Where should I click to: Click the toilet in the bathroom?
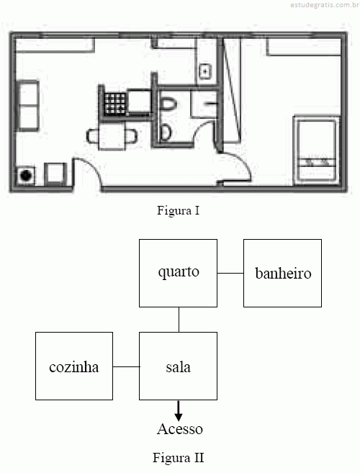pyautogui.click(x=168, y=104)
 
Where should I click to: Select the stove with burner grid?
pyautogui.click(x=114, y=104)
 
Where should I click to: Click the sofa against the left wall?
pyautogui.click(x=28, y=106)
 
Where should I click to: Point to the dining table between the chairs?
pyautogui.click(x=112, y=136)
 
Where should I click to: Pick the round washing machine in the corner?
pyautogui.click(x=26, y=176)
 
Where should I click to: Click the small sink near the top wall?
pyautogui.click(x=205, y=72)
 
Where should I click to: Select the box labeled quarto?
pyautogui.click(x=178, y=274)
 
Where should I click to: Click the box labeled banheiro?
pyautogui.click(x=282, y=274)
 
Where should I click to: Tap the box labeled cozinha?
pyautogui.click(x=74, y=366)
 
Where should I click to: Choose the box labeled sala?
pyautogui.click(x=178, y=366)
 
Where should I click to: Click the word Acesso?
pyautogui.click(x=180, y=429)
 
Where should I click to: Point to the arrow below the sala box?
pyautogui.click(x=179, y=411)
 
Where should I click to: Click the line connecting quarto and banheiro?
pyautogui.click(x=230, y=274)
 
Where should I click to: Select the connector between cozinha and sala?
pyautogui.click(x=126, y=367)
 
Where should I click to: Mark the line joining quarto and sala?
pyautogui.click(x=179, y=320)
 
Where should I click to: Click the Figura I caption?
pyautogui.click(x=179, y=210)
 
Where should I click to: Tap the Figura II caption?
pyautogui.click(x=179, y=458)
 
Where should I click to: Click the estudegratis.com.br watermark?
pyautogui.click(x=325, y=5)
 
